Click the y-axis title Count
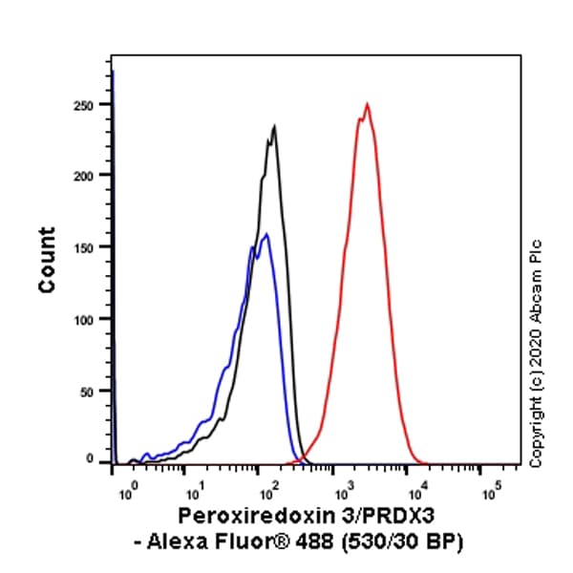(x=47, y=260)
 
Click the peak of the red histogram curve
(x=367, y=103)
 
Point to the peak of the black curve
(x=274, y=126)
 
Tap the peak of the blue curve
(x=265, y=234)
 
